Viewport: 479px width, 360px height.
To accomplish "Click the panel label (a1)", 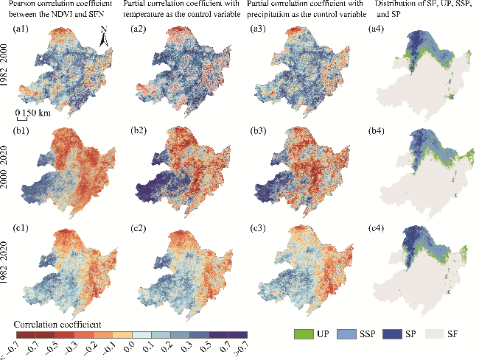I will (21, 29).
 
